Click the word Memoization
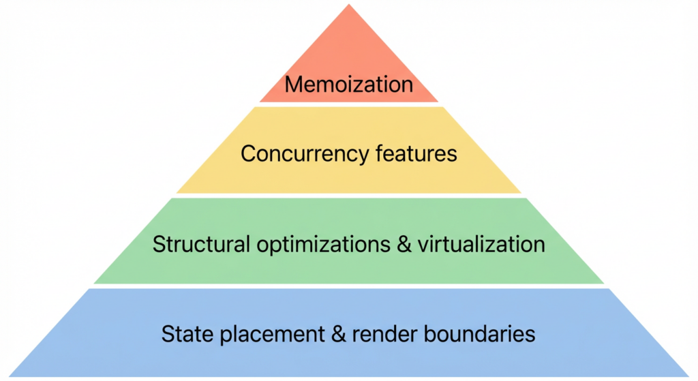pyautogui.click(x=348, y=85)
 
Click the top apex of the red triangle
pyautogui.click(x=349, y=5)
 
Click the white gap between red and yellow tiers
pyautogui.click(x=349, y=104)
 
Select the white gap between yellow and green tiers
pyautogui.click(x=349, y=196)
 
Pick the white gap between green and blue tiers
pyautogui.click(x=349, y=286)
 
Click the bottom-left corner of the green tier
pyautogui.click(x=94, y=283)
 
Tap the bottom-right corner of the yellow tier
pyautogui.click(x=521, y=193)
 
